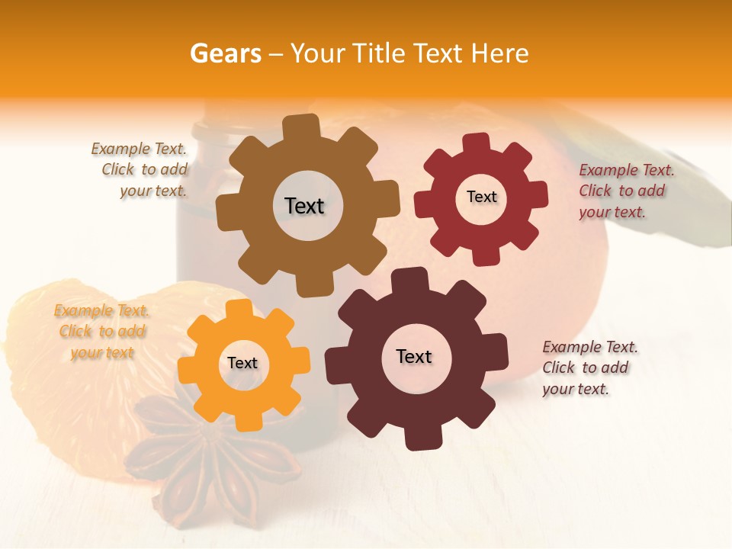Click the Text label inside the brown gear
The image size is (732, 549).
click(304, 206)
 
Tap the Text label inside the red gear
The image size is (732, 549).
click(481, 197)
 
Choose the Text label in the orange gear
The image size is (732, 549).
click(242, 363)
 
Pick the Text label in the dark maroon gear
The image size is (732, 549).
click(414, 356)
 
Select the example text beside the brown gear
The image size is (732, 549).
click(140, 170)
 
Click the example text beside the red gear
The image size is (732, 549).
click(626, 191)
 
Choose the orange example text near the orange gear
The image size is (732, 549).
click(101, 332)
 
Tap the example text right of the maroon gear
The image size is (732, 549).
click(589, 368)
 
